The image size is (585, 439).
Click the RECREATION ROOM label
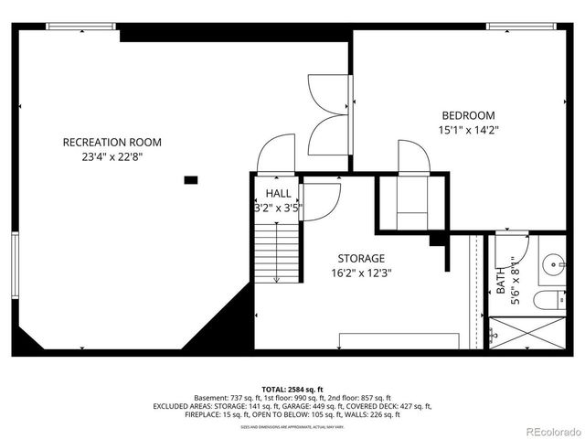(x=112, y=142)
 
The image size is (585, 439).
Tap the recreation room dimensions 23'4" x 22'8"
(x=112, y=156)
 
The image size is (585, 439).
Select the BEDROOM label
(x=468, y=115)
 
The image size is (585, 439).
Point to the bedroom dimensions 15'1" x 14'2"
(x=468, y=130)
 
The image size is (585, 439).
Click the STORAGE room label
(x=360, y=258)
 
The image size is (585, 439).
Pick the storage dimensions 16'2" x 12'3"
(x=360, y=273)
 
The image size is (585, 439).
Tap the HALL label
(x=278, y=194)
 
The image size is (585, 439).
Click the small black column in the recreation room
(x=191, y=180)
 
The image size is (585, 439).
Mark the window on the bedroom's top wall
(x=516, y=26)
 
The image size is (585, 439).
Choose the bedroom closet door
(x=413, y=156)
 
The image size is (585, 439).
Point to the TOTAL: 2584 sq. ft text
(x=292, y=388)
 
